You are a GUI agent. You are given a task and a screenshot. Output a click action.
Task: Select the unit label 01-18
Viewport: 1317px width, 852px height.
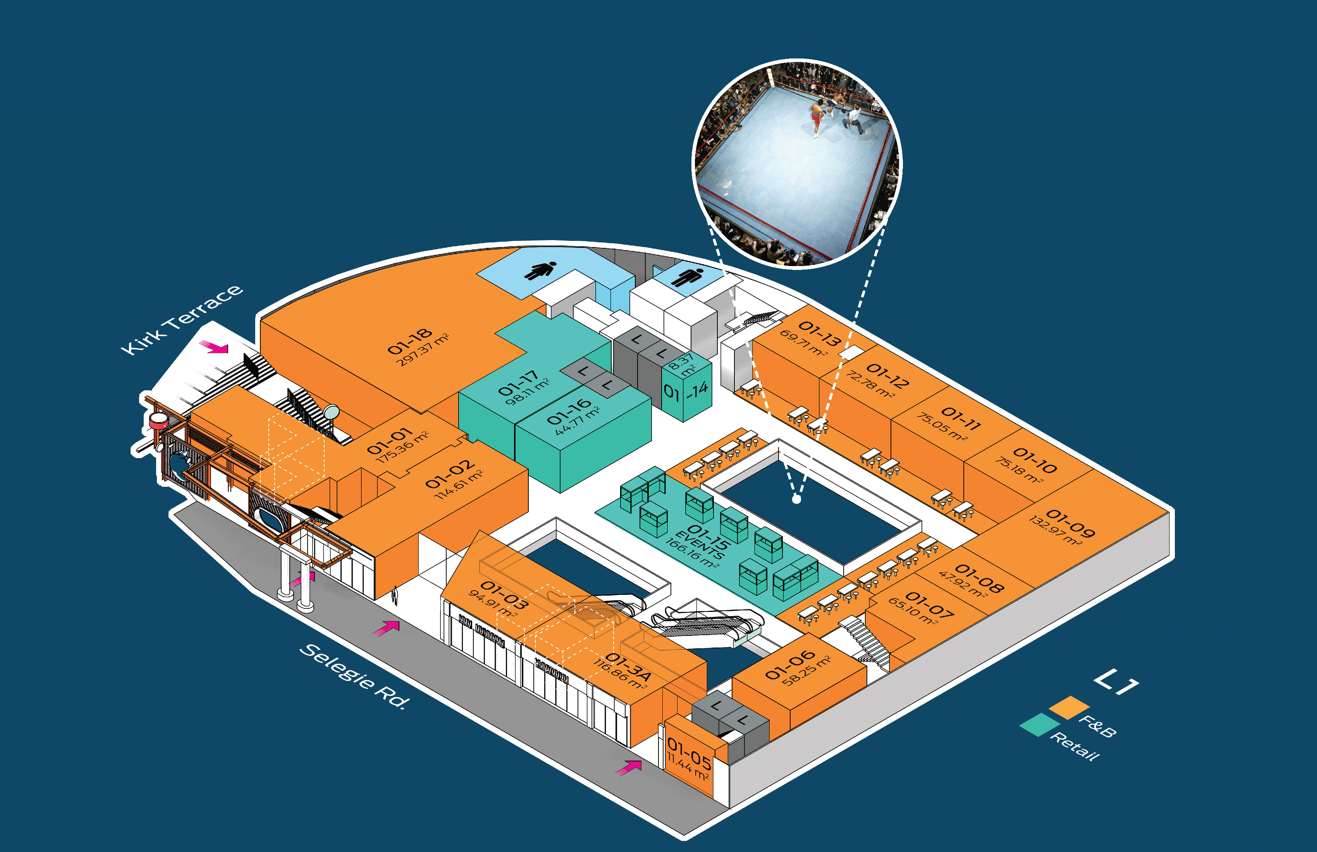(x=409, y=341)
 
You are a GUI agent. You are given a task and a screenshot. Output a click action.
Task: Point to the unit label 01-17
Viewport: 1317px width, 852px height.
(x=518, y=383)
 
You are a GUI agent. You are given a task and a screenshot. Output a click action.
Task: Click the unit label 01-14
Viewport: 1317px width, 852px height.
(x=686, y=391)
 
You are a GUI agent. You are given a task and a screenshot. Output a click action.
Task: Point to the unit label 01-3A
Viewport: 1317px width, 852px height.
(x=628, y=666)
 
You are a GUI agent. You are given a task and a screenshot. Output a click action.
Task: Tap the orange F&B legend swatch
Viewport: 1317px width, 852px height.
(x=1069, y=708)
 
